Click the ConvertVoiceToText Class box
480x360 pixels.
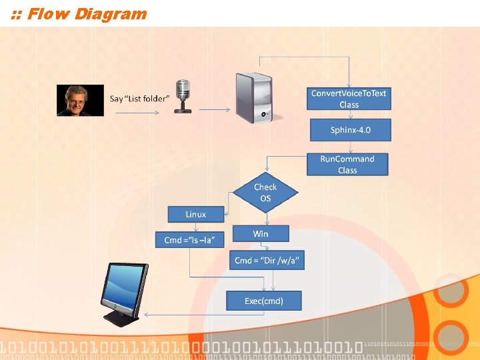[x=349, y=99]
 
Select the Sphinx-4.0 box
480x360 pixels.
[x=350, y=129]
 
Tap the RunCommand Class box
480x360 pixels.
[x=347, y=165]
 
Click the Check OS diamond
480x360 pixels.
[x=265, y=193]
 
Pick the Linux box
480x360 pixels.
[x=196, y=214]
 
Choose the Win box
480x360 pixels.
[x=261, y=233]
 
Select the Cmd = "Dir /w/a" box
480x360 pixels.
[x=269, y=261]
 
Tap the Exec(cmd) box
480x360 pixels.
[x=264, y=301]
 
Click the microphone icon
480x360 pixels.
[x=182, y=97]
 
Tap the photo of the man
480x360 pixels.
[x=80, y=101]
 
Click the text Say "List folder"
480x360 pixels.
[x=140, y=99]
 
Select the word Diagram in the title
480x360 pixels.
[x=111, y=13]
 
